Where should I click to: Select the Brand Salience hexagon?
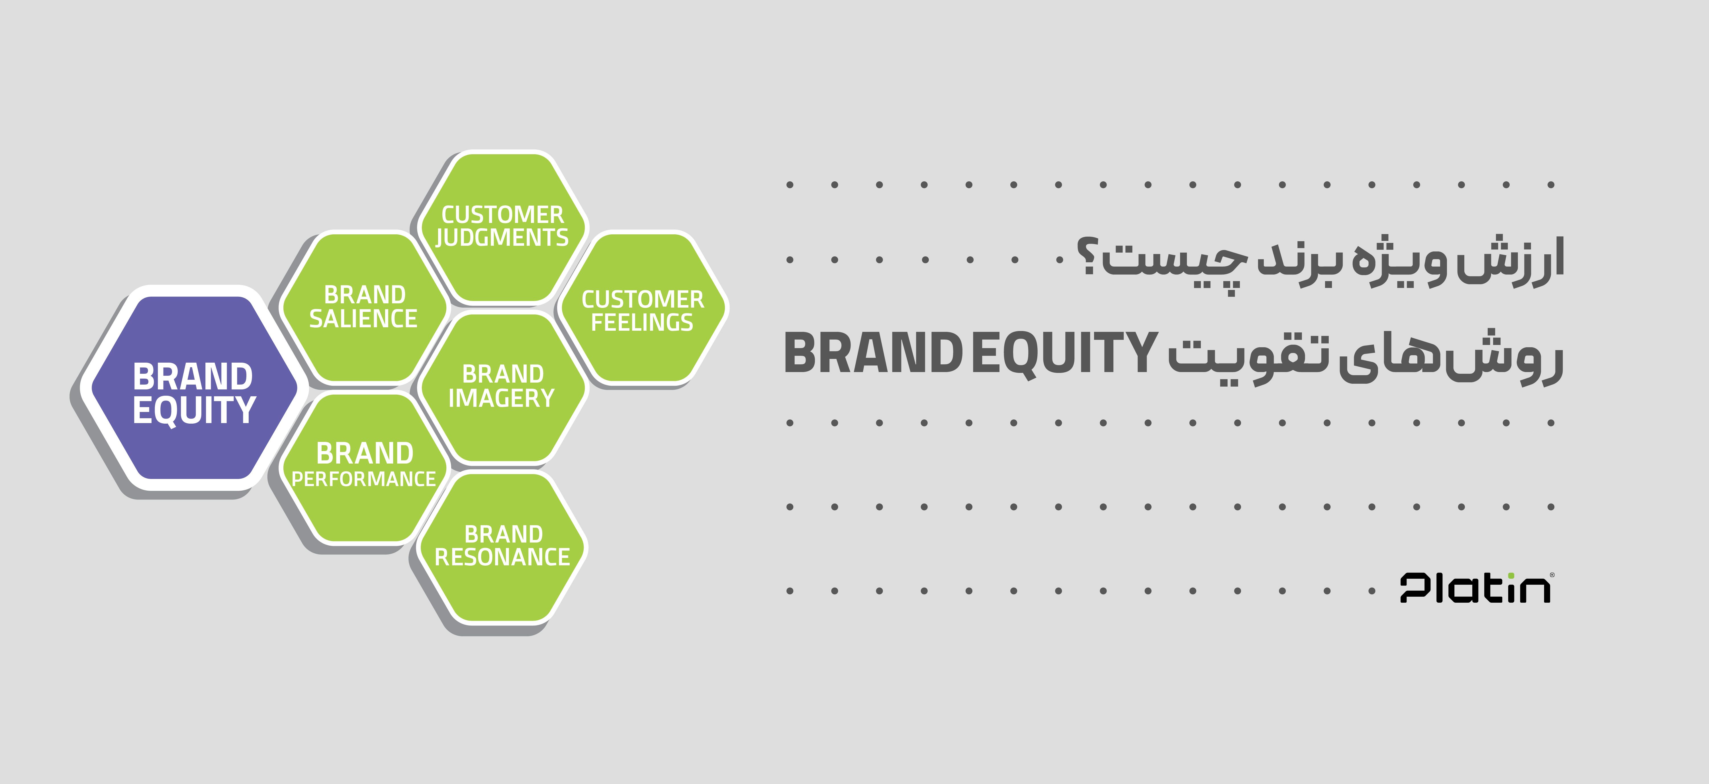363,307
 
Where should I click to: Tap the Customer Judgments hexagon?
502,227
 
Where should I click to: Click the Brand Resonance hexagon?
502,548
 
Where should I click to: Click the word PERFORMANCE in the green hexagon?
363,479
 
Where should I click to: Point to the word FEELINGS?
642,323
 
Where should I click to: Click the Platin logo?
1476,588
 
